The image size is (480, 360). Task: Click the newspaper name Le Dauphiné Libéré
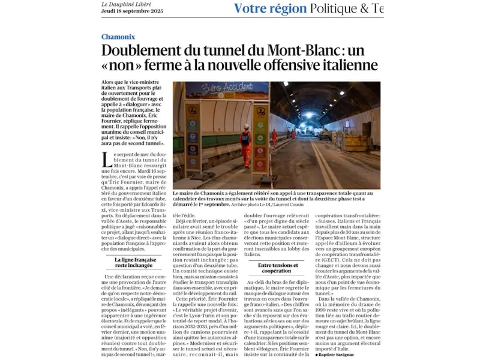[126, 5]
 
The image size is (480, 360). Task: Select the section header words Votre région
[269, 8]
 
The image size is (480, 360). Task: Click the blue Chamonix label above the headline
[118, 37]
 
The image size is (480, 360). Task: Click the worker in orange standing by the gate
[245, 146]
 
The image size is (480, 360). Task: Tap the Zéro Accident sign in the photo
[219, 89]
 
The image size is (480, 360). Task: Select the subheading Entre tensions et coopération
[278, 267]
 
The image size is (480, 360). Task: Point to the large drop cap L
[106, 160]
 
